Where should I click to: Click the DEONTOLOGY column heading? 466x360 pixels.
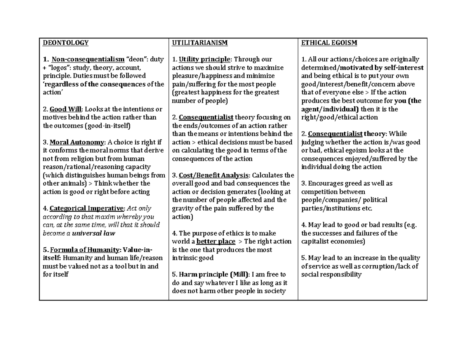pos(66,43)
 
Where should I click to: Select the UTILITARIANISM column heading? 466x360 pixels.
pos(200,43)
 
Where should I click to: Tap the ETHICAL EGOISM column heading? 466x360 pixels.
pos(329,43)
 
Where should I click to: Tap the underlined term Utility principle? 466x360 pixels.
pos(204,59)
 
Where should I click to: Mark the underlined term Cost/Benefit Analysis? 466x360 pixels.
pos(213,175)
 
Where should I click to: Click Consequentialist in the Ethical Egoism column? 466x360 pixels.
pos(335,134)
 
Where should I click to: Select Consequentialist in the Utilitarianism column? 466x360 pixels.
pos(206,117)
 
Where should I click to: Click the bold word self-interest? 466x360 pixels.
pos(403,68)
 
